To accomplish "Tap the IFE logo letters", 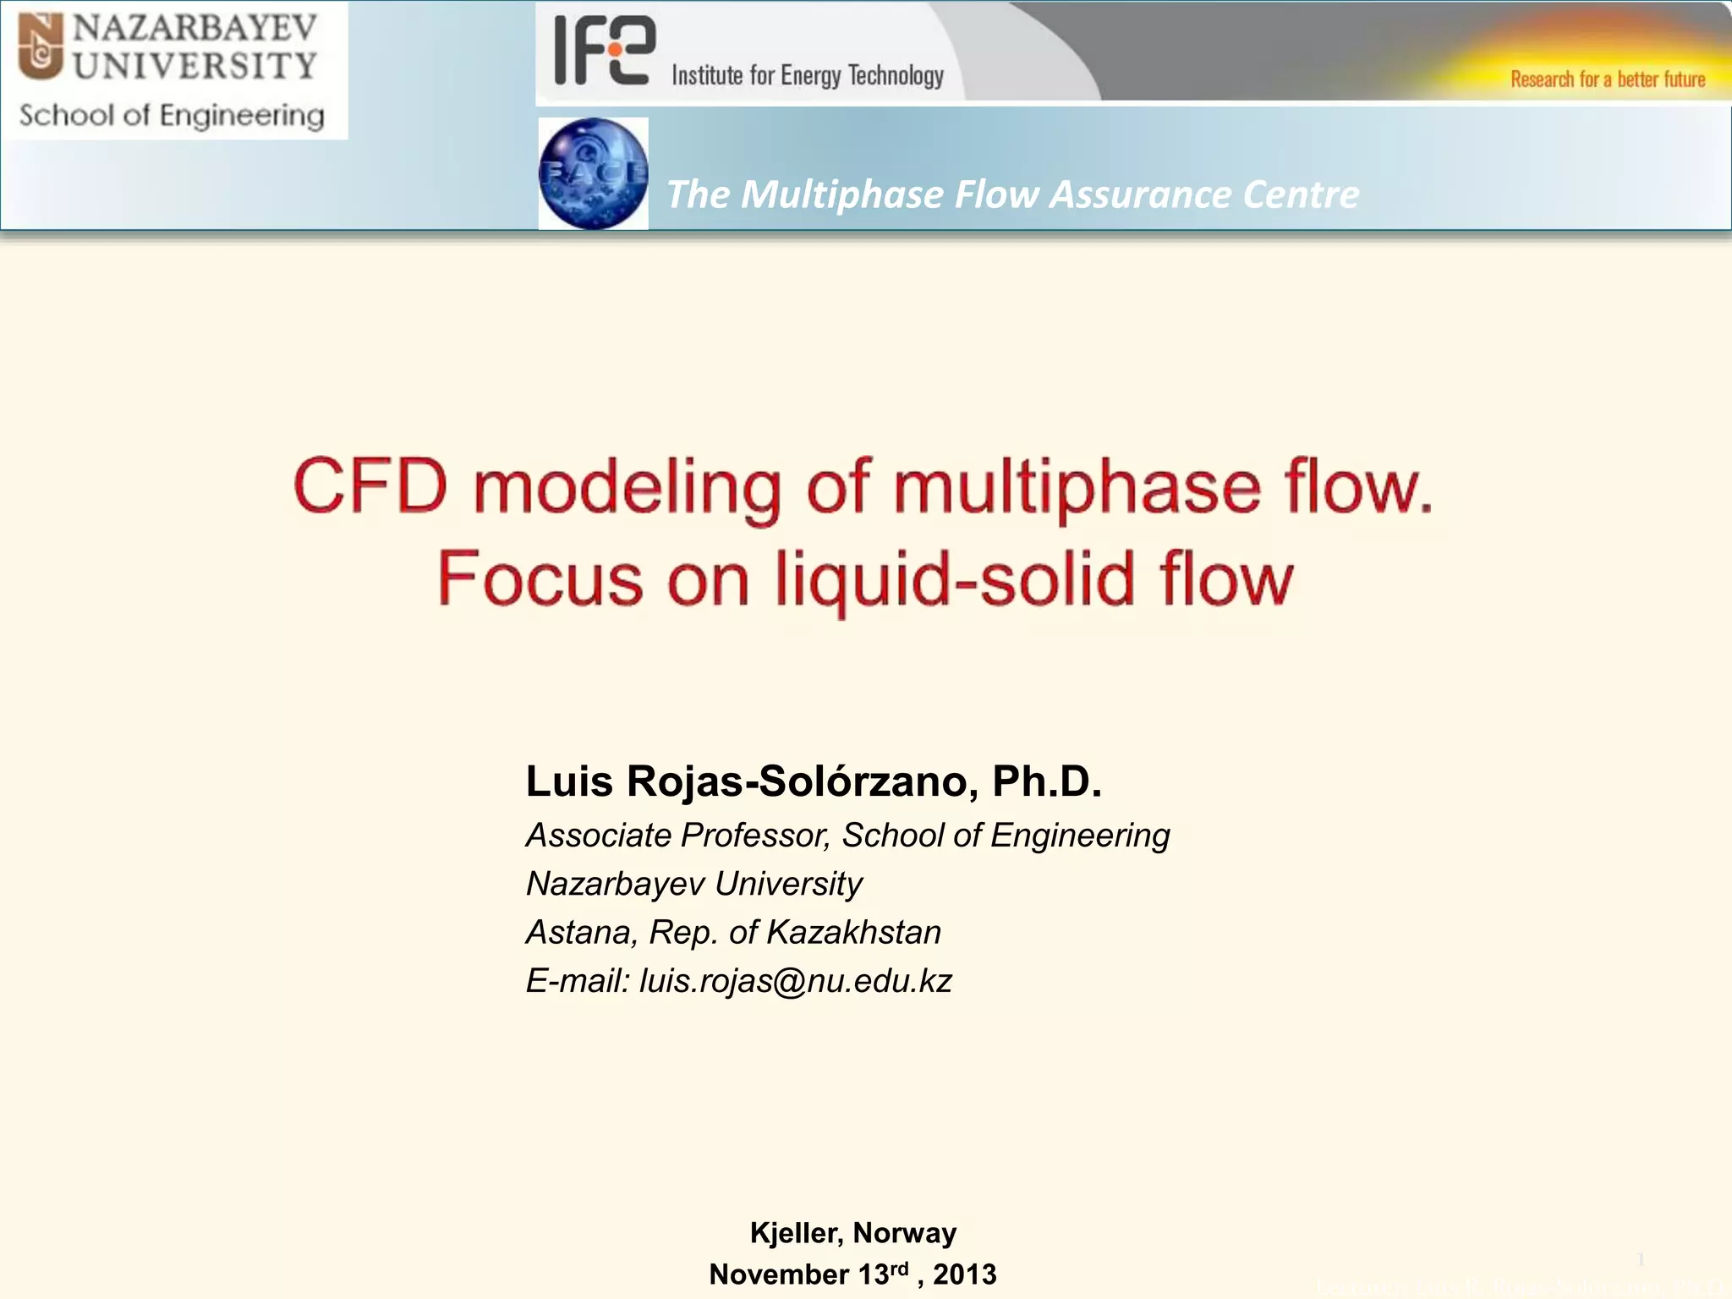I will coord(604,51).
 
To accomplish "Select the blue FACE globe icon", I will coord(593,173).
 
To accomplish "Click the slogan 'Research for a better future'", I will coord(1608,79).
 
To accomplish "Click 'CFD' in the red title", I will coord(370,487).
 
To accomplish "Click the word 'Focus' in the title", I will coord(540,580).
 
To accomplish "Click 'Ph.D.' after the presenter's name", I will coord(1047,781).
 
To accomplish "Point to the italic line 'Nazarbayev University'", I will coord(693,884).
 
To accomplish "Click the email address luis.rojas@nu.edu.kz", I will coord(796,981).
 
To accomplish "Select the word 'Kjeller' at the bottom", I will coord(796,1233).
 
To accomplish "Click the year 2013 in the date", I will coord(965,1274).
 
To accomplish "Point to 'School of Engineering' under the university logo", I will coord(172,116).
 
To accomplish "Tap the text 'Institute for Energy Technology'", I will coord(808,76).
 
